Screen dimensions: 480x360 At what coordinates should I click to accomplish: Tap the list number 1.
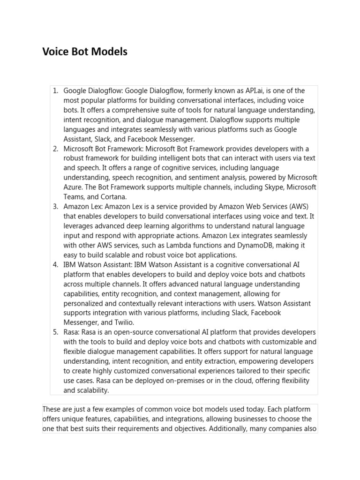pyautogui.click(x=55, y=90)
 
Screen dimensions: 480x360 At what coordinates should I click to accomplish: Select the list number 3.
pyautogui.click(x=55, y=207)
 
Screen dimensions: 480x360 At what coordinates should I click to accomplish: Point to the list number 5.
pyautogui.click(x=55, y=332)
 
